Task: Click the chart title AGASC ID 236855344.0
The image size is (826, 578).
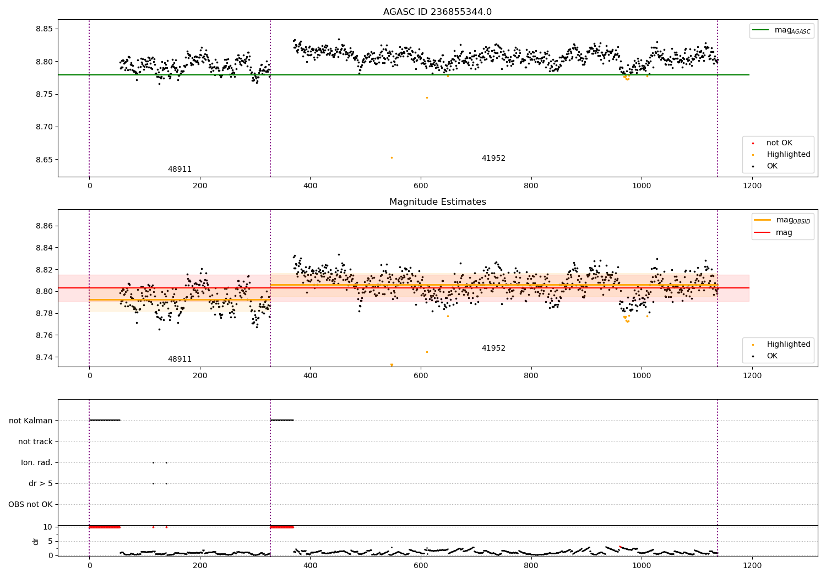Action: [x=437, y=12]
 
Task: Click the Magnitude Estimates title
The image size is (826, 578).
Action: [x=437, y=202]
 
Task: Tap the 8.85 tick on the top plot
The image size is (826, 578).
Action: [x=44, y=29]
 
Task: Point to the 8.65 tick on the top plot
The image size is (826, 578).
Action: [x=44, y=160]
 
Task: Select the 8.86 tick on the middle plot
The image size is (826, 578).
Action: [x=44, y=226]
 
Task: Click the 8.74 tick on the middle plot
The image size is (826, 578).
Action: [x=44, y=357]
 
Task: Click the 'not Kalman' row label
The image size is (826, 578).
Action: [x=31, y=421]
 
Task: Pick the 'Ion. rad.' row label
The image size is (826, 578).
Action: [x=36, y=462]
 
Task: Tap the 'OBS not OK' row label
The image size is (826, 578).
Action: [x=30, y=504]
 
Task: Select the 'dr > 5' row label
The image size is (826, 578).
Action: [x=40, y=483]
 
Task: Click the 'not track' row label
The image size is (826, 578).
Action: [x=35, y=441]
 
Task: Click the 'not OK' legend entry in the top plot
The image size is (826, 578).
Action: [x=779, y=143]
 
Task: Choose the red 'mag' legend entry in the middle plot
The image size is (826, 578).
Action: [x=784, y=232]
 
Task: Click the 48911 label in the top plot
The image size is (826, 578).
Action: [x=180, y=169]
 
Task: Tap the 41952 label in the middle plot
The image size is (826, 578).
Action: [x=493, y=348]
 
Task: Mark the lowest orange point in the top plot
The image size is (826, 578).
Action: [x=392, y=157]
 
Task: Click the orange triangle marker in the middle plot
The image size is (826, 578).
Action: [x=392, y=365]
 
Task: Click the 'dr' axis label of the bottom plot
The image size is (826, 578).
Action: [x=36, y=541]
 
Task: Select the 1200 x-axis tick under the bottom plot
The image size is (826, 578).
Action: [x=752, y=565]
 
